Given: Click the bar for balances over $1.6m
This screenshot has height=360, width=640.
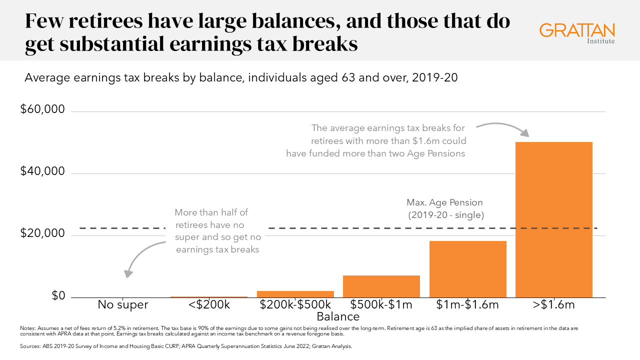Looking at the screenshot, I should pos(553,220).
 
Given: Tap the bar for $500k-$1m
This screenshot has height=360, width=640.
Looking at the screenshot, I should pos(381,286).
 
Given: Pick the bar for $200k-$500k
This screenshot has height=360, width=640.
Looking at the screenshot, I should pos(295,294).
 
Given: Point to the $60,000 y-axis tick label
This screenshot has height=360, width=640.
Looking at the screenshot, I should pos(42,109).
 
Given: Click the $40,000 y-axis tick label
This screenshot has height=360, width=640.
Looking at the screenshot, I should pos(42,171).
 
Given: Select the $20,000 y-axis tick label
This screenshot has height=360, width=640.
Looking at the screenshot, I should pos(42,233).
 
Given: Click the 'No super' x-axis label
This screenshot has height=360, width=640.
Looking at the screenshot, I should pos(123,304).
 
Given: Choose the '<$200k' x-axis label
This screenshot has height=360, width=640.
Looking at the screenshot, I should pos(208,304).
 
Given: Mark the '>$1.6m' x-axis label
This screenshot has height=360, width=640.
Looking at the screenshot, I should pos(554,304).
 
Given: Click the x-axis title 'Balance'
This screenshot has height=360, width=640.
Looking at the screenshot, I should pos(338,316).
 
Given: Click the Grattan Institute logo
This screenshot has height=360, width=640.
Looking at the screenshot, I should pos(577,32).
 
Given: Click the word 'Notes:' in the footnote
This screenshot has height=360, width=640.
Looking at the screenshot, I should pos(27,328).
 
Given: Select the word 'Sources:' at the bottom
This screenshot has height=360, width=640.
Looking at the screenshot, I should pos(30,345).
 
